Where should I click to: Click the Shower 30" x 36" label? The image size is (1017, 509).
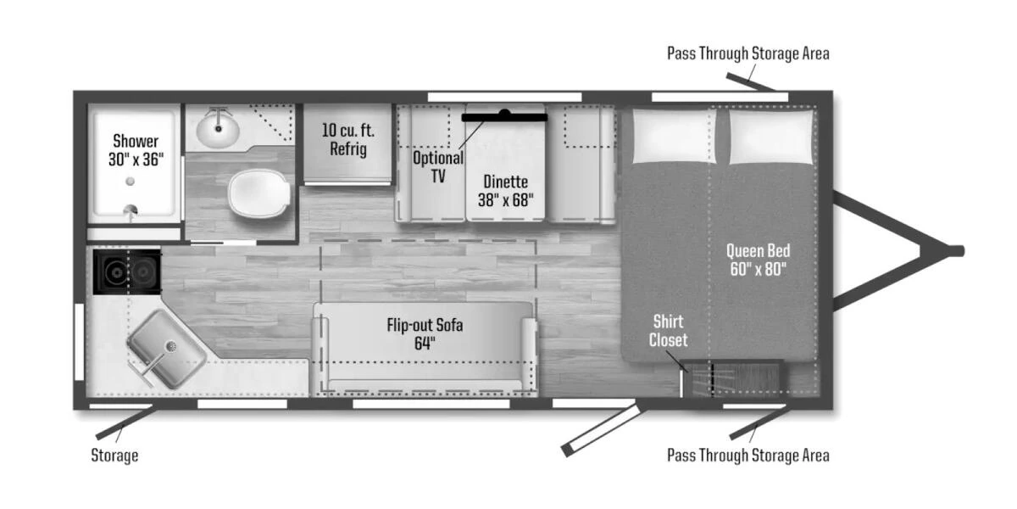pyautogui.click(x=136, y=150)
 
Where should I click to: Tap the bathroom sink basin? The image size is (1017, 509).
pyautogui.click(x=218, y=131)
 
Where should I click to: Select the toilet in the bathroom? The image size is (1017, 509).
pyautogui.click(x=259, y=194)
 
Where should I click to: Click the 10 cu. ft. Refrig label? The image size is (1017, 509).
pyautogui.click(x=348, y=139)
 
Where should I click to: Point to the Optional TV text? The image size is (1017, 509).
pyautogui.click(x=438, y=167)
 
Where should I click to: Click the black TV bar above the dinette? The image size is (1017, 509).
pyautogui.click(x=504, y=116)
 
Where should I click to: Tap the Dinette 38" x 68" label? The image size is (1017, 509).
pyautogui.click(x=505, y=191)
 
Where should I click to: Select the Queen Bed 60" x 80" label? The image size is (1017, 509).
pyautogui.click(x=758, y=260)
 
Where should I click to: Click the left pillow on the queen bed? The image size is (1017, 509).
pyautogui.click(x=673, y=136)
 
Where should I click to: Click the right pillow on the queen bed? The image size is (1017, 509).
pyautogui.click(x=770, y=137)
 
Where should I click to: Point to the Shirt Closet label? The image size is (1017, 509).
pyautogui.click(x=668, y=331)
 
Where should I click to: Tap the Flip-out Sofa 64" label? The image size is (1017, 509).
pyautogui.click(x=425, y=334)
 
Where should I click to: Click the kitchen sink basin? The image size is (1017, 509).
pyautogui.click(x=166, y=349)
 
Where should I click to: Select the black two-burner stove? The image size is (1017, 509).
pyautogui.click(x=128, y=271)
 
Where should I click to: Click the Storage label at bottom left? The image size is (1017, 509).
pyautogui.click(x=114, y=456)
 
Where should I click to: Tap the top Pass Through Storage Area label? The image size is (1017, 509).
pyautogui.click(x=748, y=53)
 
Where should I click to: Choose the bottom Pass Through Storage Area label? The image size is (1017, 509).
pyautogui.click(x=748, y=456)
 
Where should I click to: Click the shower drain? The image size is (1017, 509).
pyautogui.click(x=131, y=182)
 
